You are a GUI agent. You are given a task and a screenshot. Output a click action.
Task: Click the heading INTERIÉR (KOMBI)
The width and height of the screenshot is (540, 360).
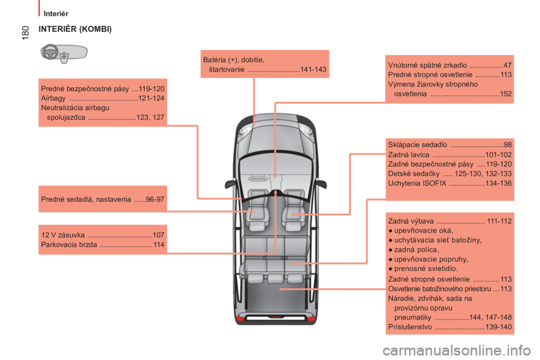[75, 29]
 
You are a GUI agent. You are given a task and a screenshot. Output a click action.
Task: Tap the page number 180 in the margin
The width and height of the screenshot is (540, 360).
[25, 33]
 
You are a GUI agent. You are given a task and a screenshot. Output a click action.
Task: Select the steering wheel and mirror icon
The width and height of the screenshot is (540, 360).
[64, 53]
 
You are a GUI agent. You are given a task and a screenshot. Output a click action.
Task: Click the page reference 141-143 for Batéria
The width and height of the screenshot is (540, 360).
[313, 69]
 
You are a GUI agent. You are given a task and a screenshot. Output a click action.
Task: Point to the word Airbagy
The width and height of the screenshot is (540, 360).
[53, 98]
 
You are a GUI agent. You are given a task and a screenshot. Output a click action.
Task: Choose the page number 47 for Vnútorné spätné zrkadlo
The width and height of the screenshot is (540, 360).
[507, 65]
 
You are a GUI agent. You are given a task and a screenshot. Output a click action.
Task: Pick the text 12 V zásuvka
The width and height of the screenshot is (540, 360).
[62, 235]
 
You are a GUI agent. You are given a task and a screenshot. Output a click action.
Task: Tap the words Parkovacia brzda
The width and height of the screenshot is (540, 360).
[69, 245]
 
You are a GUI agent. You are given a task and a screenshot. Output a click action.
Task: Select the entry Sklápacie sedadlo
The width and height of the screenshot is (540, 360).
[417, 145]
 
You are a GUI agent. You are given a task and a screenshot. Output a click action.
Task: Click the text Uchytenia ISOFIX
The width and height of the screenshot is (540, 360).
[417, 183]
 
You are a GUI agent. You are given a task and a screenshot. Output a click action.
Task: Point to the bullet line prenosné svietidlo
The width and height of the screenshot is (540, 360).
[426, 268]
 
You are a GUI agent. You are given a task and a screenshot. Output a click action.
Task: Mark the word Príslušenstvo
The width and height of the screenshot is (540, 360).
[410, 327]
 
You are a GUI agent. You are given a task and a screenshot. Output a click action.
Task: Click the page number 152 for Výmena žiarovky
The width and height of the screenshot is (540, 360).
[506, 94]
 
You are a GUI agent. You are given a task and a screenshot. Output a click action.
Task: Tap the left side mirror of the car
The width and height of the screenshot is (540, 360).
[229, 184]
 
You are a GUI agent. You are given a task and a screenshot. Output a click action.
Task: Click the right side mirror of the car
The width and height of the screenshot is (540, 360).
[321, 184]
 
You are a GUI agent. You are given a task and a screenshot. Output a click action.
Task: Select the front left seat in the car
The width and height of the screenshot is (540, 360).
[256, 210]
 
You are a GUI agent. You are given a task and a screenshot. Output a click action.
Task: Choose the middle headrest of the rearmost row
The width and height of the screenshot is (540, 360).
[276, 278]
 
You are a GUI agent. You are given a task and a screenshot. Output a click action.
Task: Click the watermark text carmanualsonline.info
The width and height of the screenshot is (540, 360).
[457, 350]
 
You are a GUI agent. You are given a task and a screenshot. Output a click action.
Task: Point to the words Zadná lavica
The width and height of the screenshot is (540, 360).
[409, 155]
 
